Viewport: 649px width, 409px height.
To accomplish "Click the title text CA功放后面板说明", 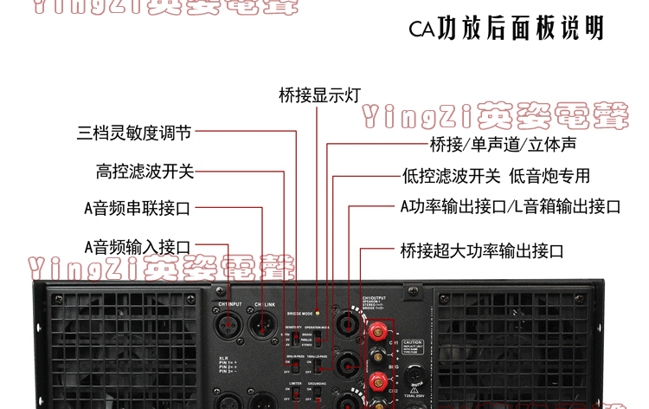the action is click(506, 29).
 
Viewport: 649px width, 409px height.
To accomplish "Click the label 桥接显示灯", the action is click(319, 94).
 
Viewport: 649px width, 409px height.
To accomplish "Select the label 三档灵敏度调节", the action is click(134, 133).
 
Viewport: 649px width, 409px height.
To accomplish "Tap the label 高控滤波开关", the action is click(145, 171).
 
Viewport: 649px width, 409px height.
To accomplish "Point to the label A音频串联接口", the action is click(137, 208).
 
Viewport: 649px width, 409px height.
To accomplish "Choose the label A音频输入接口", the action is click(137, 248).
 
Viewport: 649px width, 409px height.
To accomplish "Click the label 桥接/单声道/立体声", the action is click(503, 144).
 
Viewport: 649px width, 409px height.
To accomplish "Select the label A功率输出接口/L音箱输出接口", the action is click(510, 207).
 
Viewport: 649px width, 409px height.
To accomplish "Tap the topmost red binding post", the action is click(377, 330).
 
